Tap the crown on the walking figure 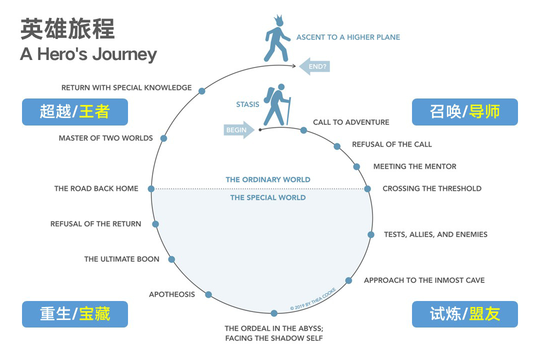pos(278,21)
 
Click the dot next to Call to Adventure pos(303,130)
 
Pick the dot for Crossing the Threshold pos(367,189)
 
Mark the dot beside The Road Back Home pos(151,189)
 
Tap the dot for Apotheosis pos(208,294)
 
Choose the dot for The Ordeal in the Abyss pos(274,313)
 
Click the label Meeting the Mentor pos(414,166)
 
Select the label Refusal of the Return pos(95,224)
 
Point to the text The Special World pos(267,197)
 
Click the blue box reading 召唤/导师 pos(464,112)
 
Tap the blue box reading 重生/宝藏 pos(75,314)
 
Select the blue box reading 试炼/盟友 pos(464,314)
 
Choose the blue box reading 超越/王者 pos(75,112)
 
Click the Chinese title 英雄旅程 pos(67,28)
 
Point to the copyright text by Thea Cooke pos(313,299)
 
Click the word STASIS pos(247,104)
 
